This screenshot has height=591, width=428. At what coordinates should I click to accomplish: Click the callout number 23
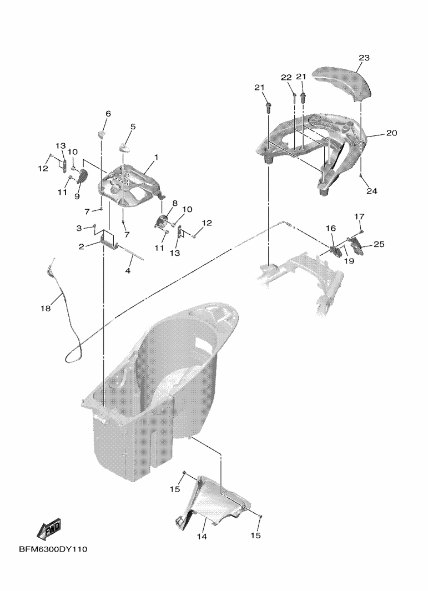364,58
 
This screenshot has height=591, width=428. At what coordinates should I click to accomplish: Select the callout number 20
391,133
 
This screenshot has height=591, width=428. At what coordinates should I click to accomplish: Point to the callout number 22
286,78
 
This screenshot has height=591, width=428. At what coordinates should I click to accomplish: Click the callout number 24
372,191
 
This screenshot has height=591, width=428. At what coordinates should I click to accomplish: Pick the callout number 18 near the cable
46,309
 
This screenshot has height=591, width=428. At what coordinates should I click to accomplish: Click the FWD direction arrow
49,529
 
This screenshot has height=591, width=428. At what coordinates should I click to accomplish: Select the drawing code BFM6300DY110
53,549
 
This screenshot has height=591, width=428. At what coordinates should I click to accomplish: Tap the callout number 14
202,537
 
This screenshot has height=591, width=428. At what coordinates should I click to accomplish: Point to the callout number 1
156,157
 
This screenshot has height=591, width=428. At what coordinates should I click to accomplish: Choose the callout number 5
133,127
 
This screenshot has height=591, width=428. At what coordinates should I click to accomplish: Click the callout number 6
108,113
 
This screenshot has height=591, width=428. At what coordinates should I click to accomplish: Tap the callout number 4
128,271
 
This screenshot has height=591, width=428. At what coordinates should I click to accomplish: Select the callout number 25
379,244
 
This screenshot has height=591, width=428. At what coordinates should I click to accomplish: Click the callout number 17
359,217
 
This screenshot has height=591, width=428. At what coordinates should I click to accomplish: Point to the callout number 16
330,229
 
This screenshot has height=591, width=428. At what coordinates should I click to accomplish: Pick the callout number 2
81,246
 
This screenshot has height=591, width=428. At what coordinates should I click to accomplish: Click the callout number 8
175,203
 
